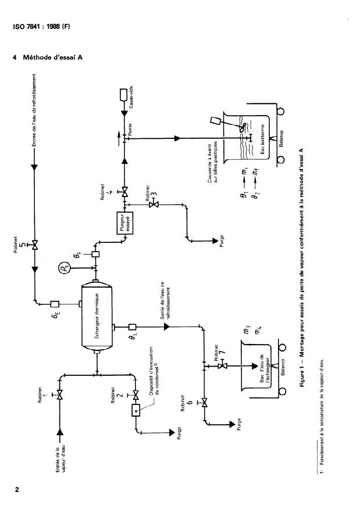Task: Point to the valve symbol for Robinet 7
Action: tap(222, 365)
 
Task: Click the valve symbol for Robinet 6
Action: tap(204, 402)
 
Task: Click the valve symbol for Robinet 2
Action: tap(136, 395)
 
